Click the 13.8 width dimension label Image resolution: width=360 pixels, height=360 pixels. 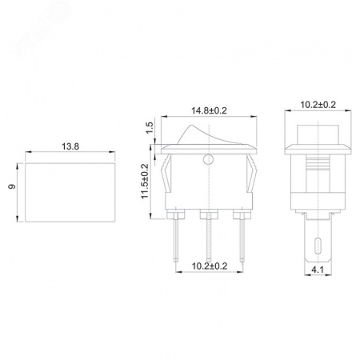pyautogui.click(x=70, y=146)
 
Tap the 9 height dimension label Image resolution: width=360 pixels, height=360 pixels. pyautogui.click(x=12, y=186)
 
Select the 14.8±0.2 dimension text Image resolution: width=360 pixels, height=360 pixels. pyautogui.click(x=209, y=110)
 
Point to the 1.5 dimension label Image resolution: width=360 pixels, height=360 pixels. pyautogui.click(x=150, y=128)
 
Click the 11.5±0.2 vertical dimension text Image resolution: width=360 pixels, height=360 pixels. pyautogui.click(x=145, y=181)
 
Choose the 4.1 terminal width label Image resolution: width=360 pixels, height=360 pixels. pyautogui.click(x=318, y=270)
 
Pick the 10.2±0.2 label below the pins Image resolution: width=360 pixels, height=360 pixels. pyautogui.click(x=210, y=266)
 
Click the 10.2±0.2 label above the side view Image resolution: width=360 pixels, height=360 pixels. pyautogui.click(x=318, y=105)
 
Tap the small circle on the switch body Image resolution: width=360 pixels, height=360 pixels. pyautogui.click(x=208, y=159)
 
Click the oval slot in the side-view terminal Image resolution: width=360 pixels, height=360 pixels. pyautogui.click(x=318, y=246)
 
